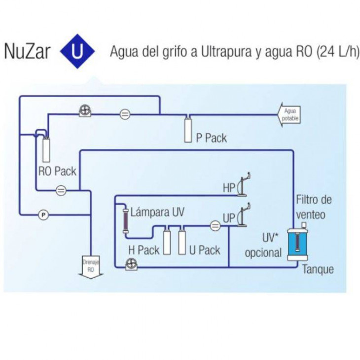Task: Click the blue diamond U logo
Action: (76, 52)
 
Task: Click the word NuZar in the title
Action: (28, 52)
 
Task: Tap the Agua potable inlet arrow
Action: (289, 115)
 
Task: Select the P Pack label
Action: (211, 138)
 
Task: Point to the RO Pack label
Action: (57, 171)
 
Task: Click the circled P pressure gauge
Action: (43, 215)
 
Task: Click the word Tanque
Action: (318, 269)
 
